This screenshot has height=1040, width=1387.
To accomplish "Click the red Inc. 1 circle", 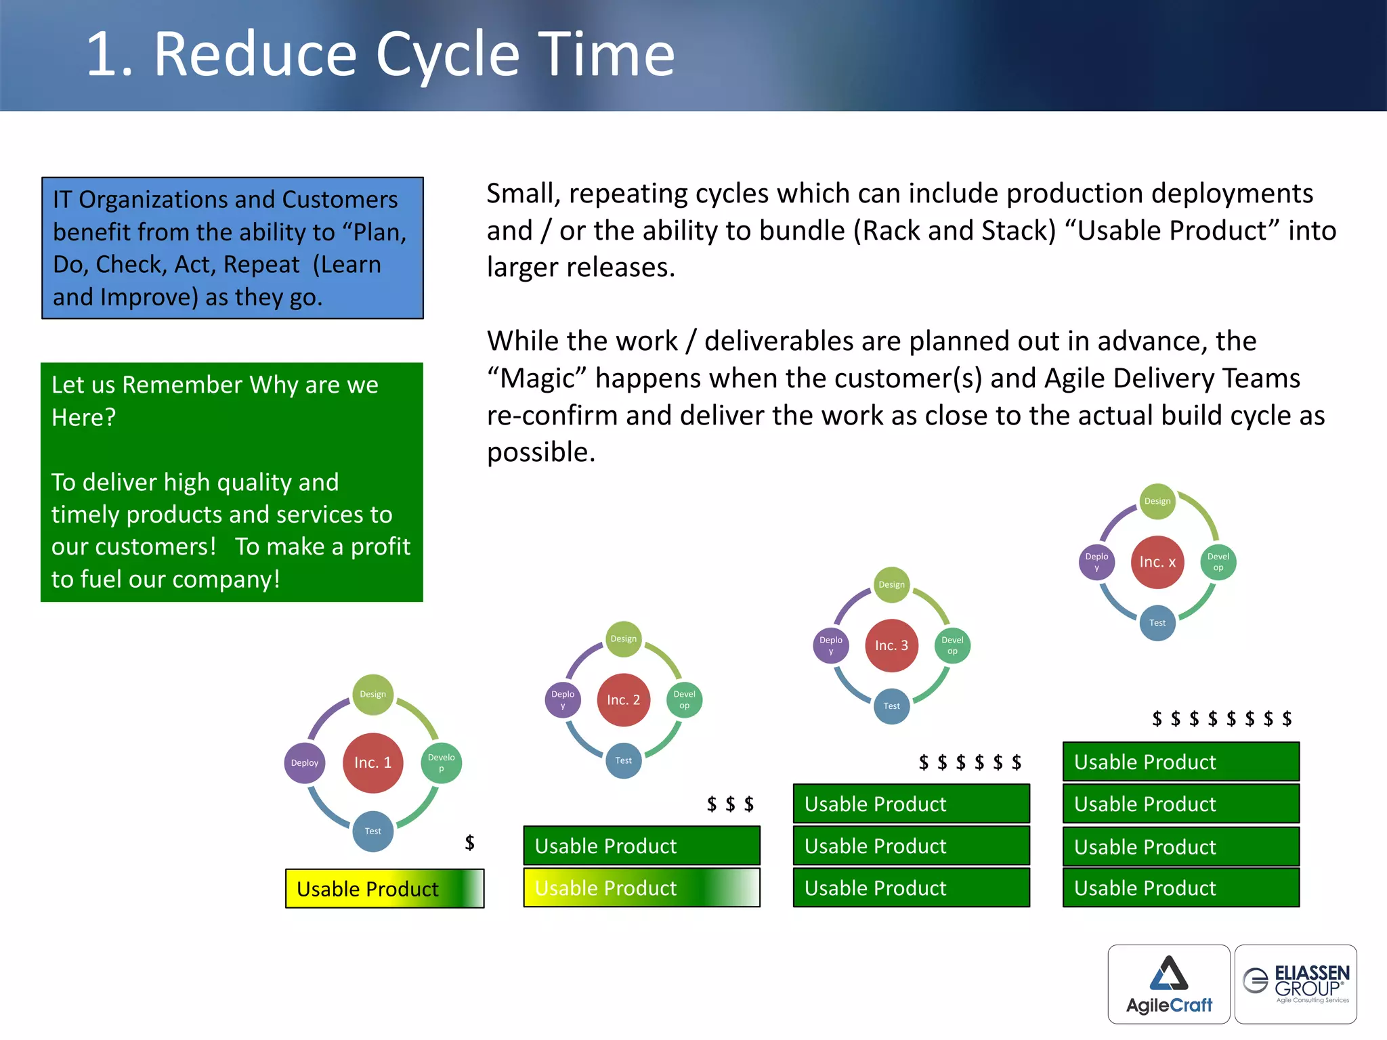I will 372,762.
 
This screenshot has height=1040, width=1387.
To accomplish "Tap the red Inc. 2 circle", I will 623,699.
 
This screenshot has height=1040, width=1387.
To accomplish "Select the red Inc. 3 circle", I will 891,645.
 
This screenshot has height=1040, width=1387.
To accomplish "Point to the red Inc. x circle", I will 1157,562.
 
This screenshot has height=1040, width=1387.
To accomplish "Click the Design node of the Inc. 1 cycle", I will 372,694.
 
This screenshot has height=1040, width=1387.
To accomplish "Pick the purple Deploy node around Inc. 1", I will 305,762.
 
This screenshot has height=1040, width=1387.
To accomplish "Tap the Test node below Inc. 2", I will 623,760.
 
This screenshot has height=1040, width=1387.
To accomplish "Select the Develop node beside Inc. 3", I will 952,645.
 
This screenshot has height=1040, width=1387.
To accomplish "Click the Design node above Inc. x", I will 1157,501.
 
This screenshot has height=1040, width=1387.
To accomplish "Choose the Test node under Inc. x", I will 1157,623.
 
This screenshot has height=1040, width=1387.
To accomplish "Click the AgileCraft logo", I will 1169,984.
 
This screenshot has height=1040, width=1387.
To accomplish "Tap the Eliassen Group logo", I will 1296,984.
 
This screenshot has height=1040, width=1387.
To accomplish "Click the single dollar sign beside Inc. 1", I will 469,842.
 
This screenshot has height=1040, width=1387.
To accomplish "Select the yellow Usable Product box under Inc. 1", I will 384,888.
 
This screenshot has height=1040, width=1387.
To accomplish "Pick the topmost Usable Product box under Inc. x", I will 1180,762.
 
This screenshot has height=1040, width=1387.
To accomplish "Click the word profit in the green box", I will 380,546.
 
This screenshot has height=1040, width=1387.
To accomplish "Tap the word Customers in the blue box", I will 339,200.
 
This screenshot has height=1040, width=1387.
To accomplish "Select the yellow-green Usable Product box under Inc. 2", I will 641,888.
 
